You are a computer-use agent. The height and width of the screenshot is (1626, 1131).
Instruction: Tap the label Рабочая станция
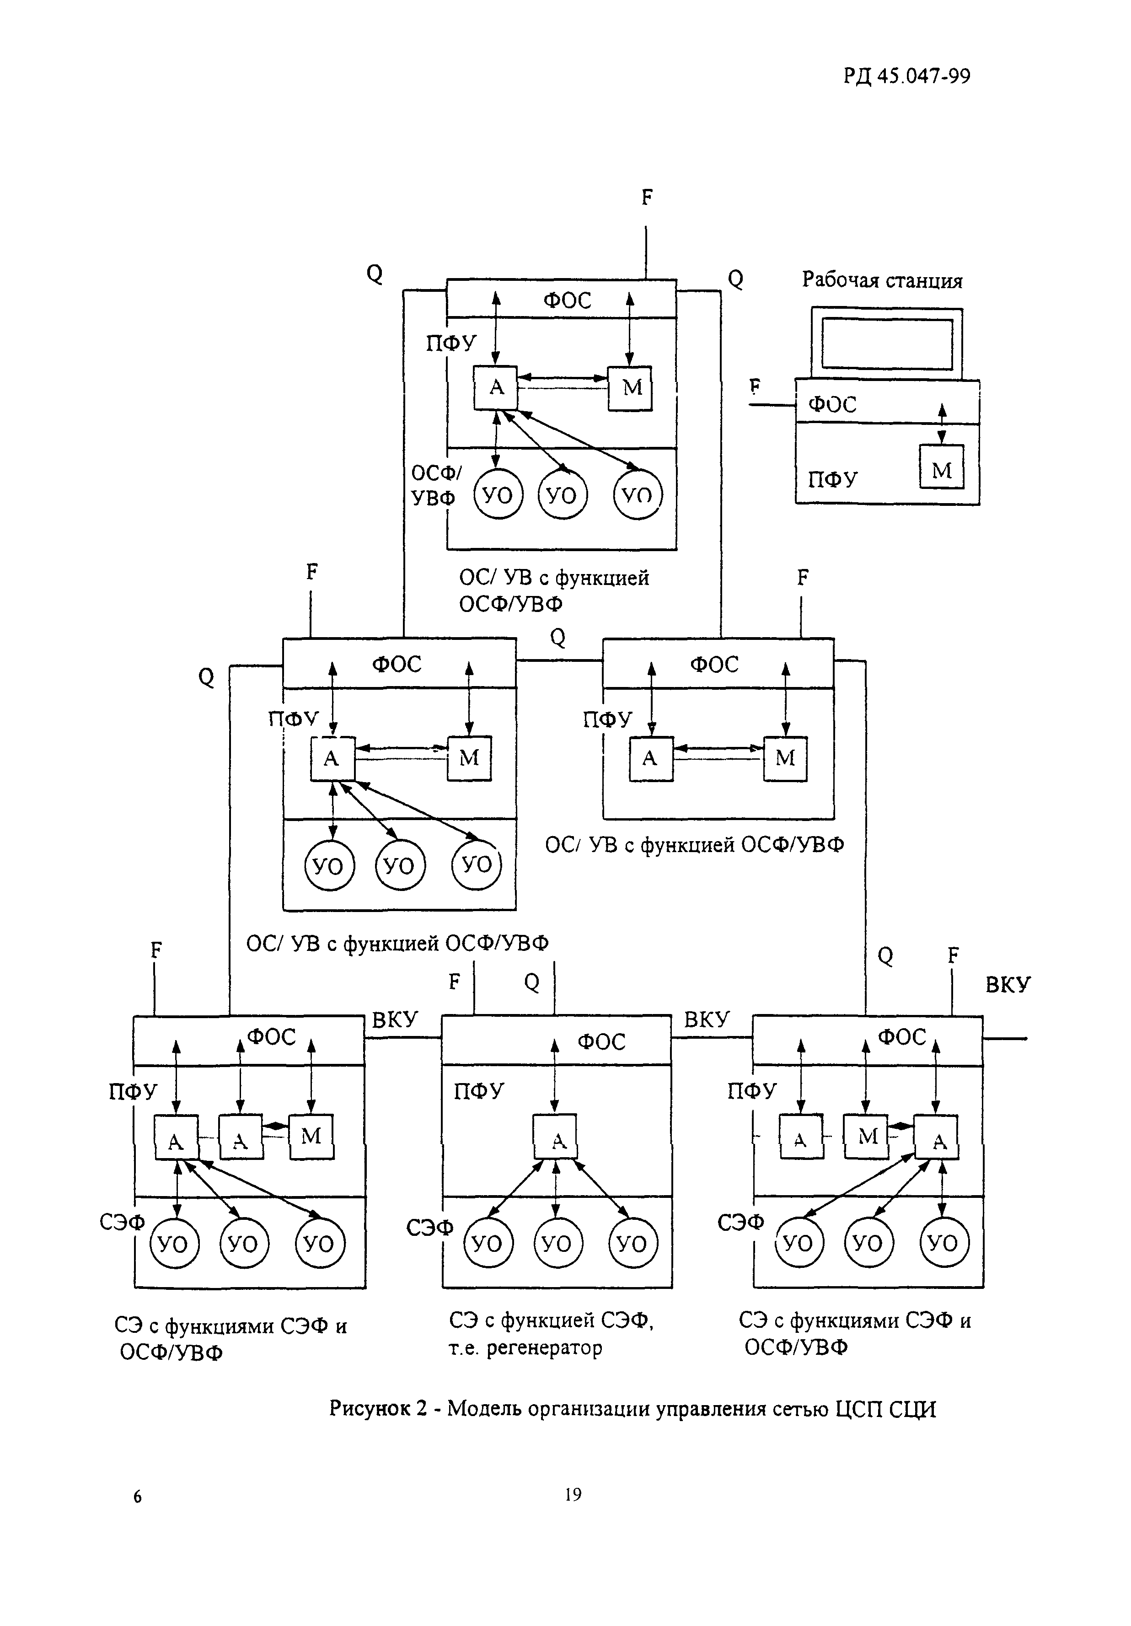[882, 280]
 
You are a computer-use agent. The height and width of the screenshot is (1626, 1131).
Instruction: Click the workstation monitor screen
[887, 343]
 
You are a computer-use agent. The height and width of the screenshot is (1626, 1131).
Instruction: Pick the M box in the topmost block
[630, 388]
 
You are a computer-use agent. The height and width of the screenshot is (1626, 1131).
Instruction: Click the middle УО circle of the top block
[563, 495]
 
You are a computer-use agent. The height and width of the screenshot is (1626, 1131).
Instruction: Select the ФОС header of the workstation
[833, 404]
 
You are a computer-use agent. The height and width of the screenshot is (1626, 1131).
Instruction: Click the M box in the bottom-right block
[866, 1137]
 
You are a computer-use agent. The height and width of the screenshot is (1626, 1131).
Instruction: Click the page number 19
[573, 1494]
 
